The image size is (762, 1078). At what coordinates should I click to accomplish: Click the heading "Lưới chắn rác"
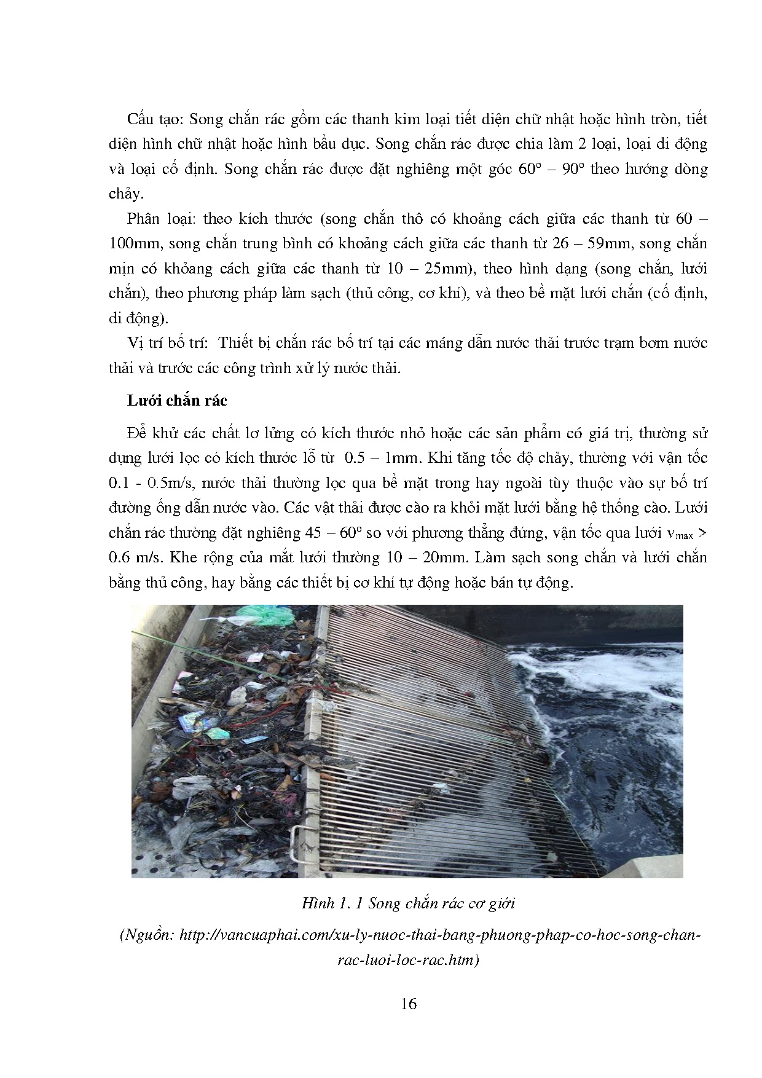pos(177,401)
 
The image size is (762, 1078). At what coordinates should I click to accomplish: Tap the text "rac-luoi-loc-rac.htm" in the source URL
pos(408,960)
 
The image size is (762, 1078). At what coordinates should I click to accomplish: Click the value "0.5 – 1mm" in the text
pos(375,458)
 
